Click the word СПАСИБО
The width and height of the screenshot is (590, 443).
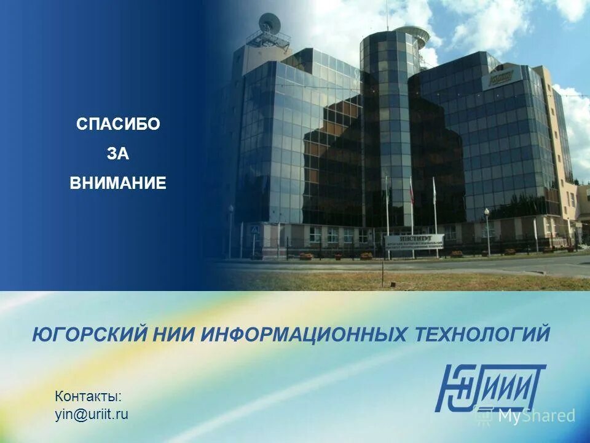pyautogui.click(x=118, y=124)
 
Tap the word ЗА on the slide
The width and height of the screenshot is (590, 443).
pyautogui.click(x=118, y=154)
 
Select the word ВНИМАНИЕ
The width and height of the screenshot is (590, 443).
pyautogui.click(x=118, y=183)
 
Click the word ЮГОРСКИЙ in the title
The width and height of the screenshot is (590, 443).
pyautogui.click(x=90, y=335)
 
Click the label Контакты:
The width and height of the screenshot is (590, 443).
pyautogui.click(x=88, y=396)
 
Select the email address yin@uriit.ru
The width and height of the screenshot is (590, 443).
pyautogui.click(x=92, y=414)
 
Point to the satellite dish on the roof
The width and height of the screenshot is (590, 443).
pyautogui.click(x=269, y=24)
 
